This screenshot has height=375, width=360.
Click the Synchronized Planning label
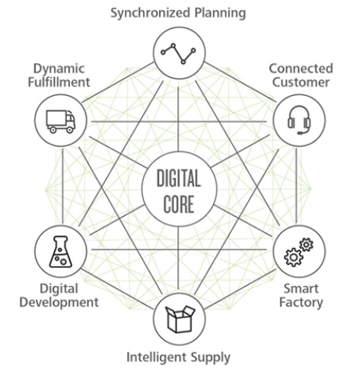178,13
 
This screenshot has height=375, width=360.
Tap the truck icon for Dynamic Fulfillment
61,122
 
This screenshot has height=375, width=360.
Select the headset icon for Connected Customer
299,119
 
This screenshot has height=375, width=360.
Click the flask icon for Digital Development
60,252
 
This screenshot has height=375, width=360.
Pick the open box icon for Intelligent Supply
180,319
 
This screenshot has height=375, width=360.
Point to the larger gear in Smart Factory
294,257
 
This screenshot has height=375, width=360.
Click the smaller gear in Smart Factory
306,245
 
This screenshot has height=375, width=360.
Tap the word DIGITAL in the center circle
179,178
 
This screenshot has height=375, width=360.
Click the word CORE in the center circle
179,204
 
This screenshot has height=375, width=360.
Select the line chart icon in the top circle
178,53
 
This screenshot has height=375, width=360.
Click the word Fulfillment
59,82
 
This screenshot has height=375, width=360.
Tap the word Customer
301,82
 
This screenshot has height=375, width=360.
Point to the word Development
59,303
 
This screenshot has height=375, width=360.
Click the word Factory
301,303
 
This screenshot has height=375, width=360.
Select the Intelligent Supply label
178,358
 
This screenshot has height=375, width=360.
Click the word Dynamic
59,69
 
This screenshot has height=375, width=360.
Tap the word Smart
301,289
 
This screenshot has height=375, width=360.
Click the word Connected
301,68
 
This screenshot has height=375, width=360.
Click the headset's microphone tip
300,133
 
